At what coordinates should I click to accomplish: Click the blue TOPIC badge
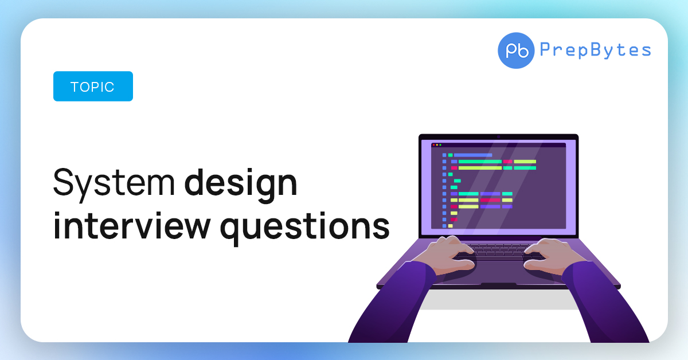point(93,87)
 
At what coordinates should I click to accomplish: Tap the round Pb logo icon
point(516,50)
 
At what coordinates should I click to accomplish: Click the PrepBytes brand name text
point(595,50)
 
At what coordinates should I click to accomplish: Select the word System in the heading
point(114,183)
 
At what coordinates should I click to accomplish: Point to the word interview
point(132,226)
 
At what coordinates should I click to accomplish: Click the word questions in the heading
point(304,229)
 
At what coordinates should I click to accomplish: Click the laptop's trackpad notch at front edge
point(498,285)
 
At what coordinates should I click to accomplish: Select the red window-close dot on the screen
point(433,144)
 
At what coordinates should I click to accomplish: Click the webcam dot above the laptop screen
point(498,137)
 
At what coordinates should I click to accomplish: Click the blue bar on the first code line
point(473,155)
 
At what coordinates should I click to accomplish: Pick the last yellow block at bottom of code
point(450,226)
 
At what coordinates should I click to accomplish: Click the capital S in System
point(64,182)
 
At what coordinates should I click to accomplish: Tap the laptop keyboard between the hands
point(499,251)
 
